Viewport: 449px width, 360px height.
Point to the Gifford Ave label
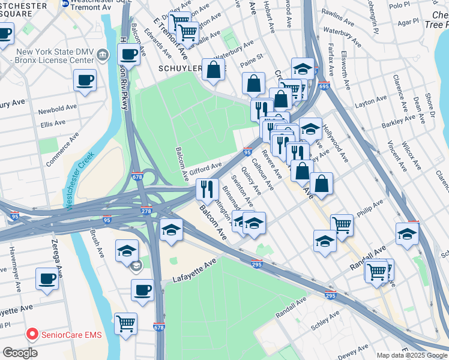pos(206,168)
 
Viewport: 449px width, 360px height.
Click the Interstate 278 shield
pos(146,212)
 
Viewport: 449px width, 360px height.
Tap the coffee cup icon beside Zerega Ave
pos(47,278)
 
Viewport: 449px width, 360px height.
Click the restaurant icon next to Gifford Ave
pos(207,189)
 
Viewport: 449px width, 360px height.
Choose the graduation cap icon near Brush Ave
pos(127,251)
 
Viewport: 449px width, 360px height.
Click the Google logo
pos(20,353)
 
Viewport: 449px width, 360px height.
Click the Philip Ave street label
pos(369,209)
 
